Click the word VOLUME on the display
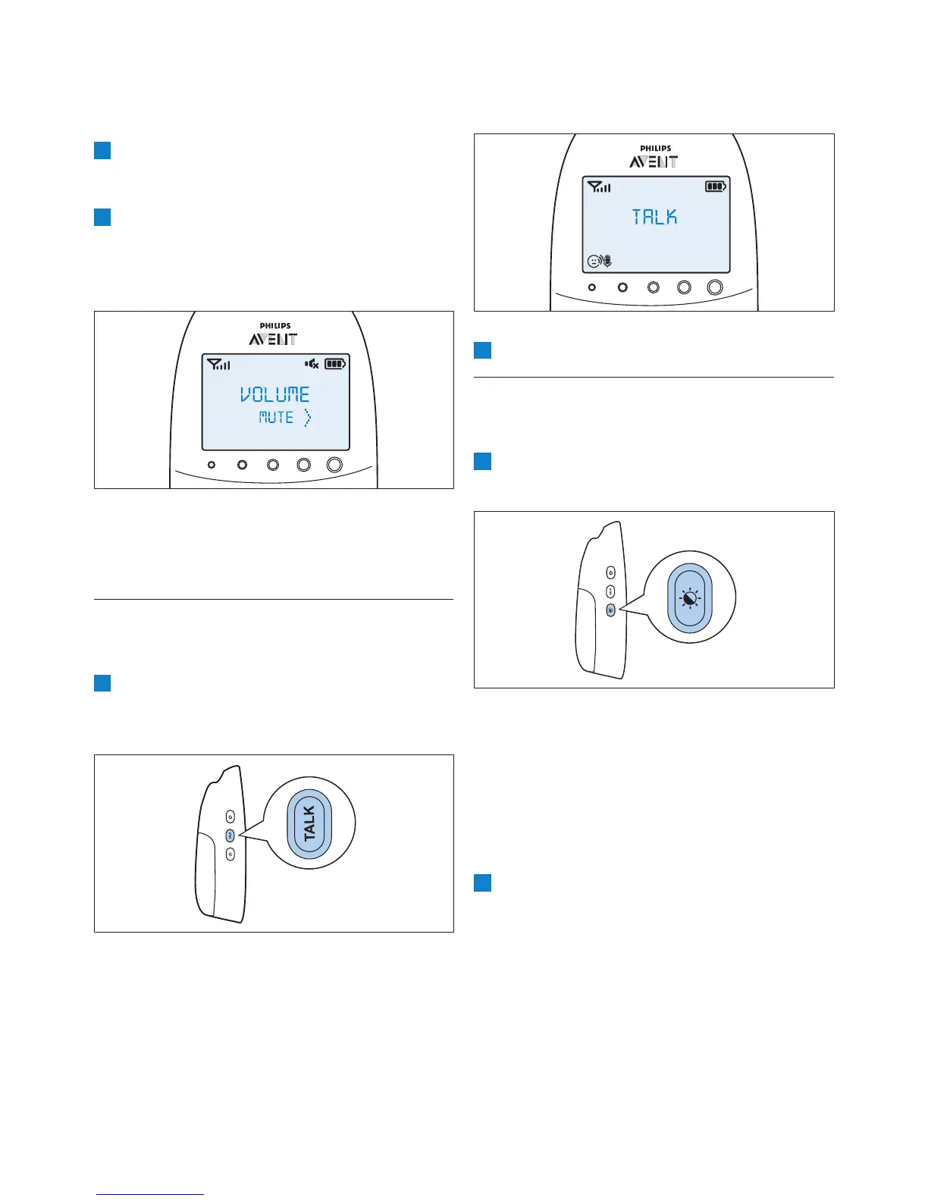(275, 394)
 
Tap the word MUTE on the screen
(276, 417)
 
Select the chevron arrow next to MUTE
(307, 417)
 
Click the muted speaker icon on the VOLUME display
(312, 364)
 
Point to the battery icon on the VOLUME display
(335, 364)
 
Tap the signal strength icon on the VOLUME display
(218, 365)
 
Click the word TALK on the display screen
(655, 218)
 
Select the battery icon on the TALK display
(715, 187)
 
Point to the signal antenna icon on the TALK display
(598, 187)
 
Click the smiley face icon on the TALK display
(594, 262)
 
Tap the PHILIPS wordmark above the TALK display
(655, 149)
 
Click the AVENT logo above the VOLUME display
(274, 339)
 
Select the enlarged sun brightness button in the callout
(690, 598)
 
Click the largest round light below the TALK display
(714, 287)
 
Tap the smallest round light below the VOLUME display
(212, 465)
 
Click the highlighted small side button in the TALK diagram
(230, 835)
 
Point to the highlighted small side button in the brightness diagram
(610, 610)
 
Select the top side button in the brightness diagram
(610, 573)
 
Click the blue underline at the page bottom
(150, 1195)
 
